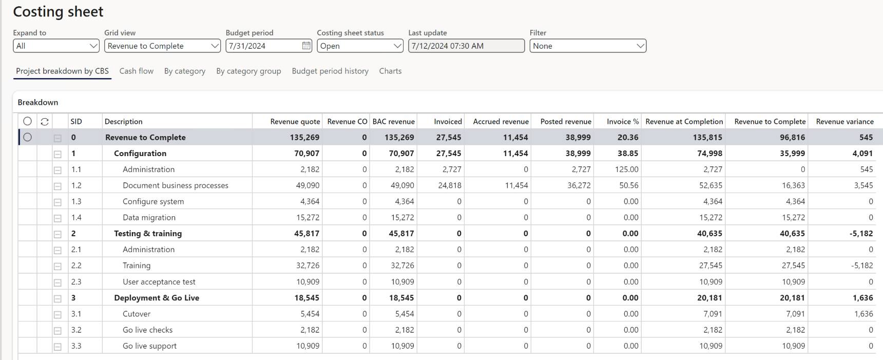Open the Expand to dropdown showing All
tap(56, 46)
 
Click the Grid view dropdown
tap(162, 46)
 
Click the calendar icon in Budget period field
tap(306, 46)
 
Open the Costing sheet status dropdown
tap(360, 46)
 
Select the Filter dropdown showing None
tap(588, 46)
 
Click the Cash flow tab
tap(136, 71)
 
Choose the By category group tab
tap(248, 71)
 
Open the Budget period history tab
tap(330, 71)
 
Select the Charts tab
tap(390, 71)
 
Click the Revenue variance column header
tap(844, 122)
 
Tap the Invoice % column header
tap(622, 122)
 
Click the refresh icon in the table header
tap(45, 122)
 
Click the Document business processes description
tap(176, 185)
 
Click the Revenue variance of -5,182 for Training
tap(861, 266)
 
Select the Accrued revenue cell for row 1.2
tap(516, 185)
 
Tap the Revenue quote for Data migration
tap(308, 218)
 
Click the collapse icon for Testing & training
tap(57, 234)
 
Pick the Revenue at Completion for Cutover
tap(711, 314)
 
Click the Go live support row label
tap(149, 346)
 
